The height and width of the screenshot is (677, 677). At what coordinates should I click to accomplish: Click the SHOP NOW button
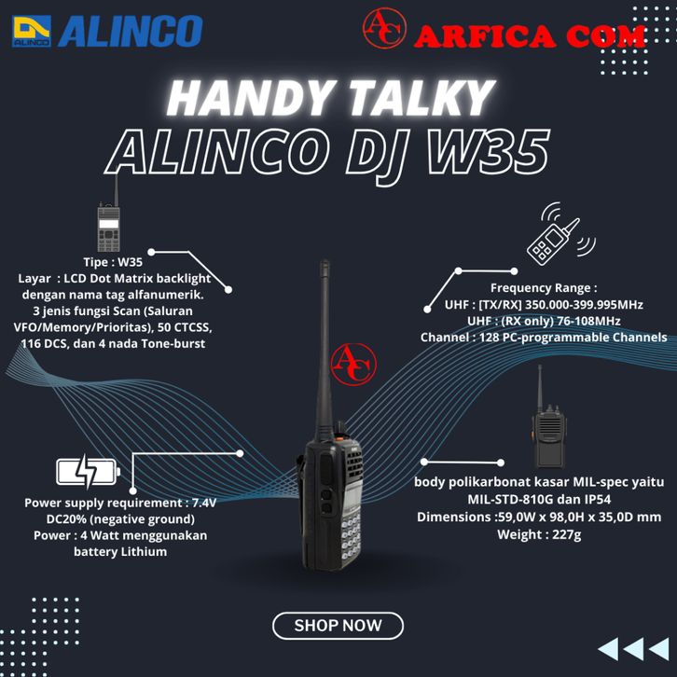click(x=338, y=626)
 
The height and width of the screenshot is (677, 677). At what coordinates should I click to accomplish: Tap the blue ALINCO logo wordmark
click(x=130, y=32)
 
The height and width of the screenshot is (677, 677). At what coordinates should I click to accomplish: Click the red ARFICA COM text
click(x=529, y=36)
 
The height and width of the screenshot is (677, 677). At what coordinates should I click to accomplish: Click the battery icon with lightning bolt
click(x=87, y=474)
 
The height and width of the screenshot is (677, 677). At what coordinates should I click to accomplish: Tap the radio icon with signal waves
click(x=554, y=234)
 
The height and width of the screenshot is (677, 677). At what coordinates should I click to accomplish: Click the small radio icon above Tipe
click(x=110, y=224)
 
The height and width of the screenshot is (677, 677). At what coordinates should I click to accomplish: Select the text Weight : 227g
click(x=538, y=534)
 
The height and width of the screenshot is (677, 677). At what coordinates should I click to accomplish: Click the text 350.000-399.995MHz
click(x=577, y=305)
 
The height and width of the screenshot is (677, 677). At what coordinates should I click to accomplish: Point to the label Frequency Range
click(x=543, y=288)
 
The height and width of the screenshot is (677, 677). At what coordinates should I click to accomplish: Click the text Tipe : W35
click(x=112, y=262)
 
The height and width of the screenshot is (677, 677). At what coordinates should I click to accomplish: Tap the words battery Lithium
click(x=120, y=551)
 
